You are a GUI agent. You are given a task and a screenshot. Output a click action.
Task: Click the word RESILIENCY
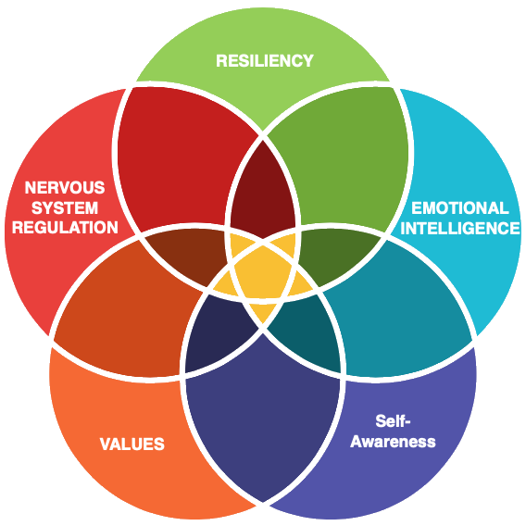(x=265, y=61)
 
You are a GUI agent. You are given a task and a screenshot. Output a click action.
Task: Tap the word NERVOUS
(x=65, y=187)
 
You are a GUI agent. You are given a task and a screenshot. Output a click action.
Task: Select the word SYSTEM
(x=65, y=207)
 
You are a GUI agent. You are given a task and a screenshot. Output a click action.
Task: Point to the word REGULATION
(x=65, y=228)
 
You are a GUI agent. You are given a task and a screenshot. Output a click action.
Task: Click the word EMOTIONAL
(x=460, y=208)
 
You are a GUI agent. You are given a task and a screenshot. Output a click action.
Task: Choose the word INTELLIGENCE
(x=460, y=229)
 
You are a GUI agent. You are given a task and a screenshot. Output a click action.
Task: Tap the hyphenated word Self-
(x=393, y=420)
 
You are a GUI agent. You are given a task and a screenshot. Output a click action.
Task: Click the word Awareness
(x=393, y=441)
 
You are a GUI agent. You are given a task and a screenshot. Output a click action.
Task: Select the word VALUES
(x=132, y=444)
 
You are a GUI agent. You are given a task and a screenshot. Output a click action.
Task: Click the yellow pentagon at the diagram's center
(x=263, y=271)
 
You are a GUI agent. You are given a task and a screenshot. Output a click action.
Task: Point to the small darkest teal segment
(x=307, y=333)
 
